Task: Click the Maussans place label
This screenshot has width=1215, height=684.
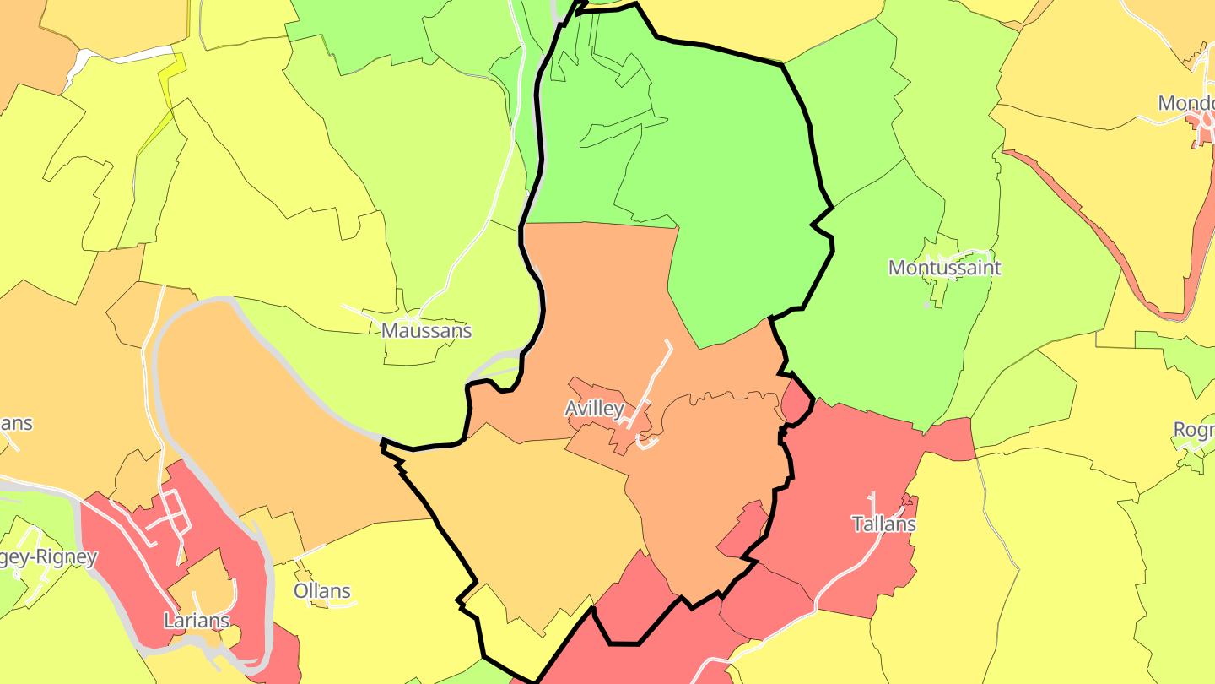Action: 426,330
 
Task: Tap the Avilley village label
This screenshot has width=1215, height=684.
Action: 594,409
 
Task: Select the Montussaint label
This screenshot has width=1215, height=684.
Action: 944,268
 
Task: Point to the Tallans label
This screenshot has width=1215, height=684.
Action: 883,524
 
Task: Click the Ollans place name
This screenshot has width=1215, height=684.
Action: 321,590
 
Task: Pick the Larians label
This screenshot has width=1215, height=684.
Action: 197,621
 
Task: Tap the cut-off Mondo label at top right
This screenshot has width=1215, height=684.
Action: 1185,103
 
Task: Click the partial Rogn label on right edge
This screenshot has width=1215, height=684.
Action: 1193,430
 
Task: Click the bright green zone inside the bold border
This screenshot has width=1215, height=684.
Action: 726,169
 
